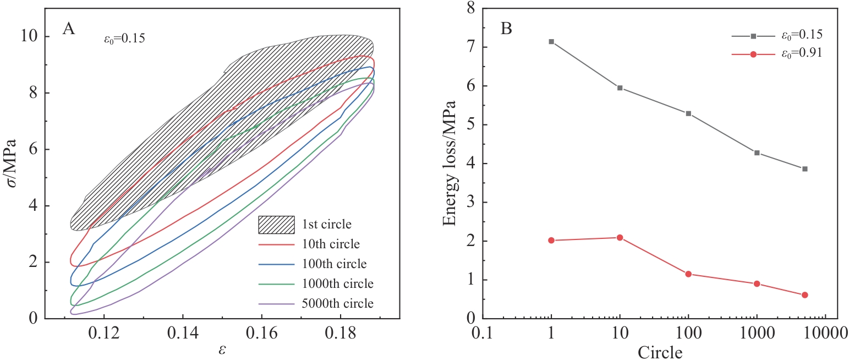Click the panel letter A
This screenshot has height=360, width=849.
coord(69,29)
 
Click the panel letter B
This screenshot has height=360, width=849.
coord(506,29)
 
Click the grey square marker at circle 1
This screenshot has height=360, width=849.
coord(551,42)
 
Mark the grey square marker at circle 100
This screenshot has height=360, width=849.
coord(688,113)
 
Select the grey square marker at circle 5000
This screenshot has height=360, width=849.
coord(804,169)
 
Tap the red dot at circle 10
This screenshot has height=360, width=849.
coord(620,238)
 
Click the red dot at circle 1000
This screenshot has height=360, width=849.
coord(757,284)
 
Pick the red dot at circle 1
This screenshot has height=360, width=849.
coord(551,241)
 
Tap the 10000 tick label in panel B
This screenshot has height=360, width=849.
coord(825,332)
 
